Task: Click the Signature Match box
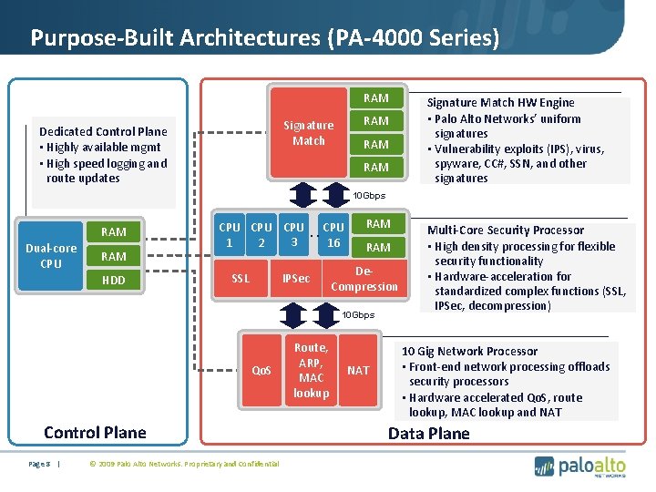tap(309, 132)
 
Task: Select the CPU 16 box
tap(334, 235)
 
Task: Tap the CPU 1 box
tap(230, 235)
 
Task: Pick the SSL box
tap(241, 278)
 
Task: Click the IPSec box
tap(296, 278)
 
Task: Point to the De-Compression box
tap(364, 279)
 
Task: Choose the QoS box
tap(262, 370)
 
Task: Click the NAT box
tap(358, 370)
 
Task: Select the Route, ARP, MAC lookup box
tap(311, 370)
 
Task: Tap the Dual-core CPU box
tap(51, 256)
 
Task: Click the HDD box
tap(114, 281)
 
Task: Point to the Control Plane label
tap(95, 432)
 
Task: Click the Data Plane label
tap(429, 433)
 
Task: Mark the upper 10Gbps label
tap(370, 196)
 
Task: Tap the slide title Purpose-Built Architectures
tap(264, 38)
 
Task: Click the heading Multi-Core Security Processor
tap(506, 231)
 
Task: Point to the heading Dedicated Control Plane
tap(103, 131)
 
